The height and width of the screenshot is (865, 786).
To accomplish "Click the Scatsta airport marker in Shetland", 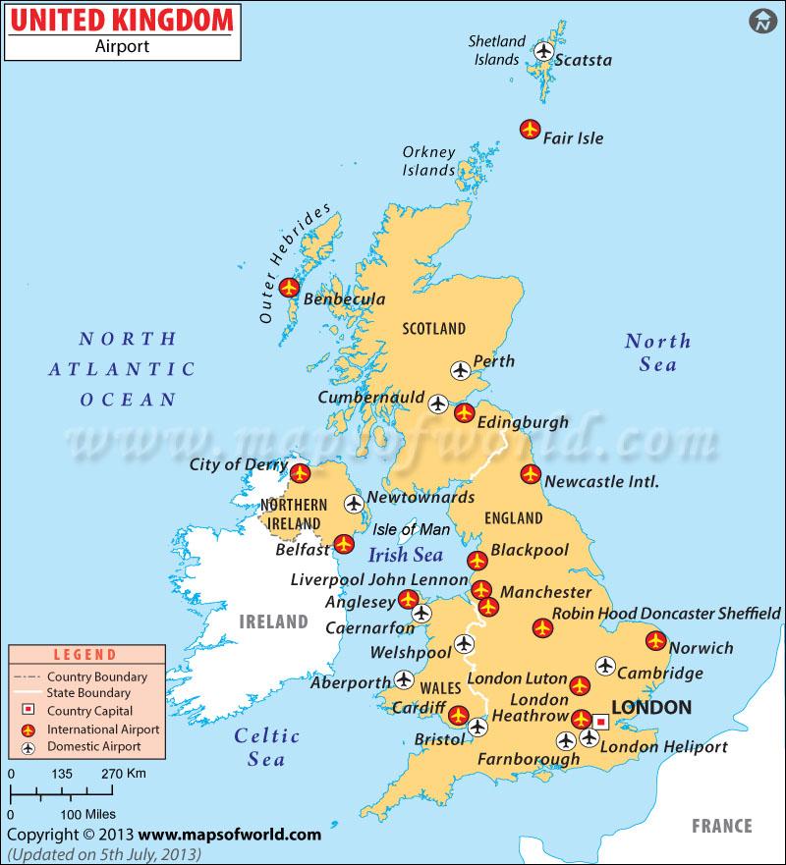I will click(x=542, y=50).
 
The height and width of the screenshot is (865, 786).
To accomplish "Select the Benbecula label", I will click(x=344, y=299).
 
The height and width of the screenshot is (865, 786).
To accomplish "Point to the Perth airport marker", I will click(x=461, y=370).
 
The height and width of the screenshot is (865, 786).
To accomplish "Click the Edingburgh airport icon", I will click(x=464, y=413).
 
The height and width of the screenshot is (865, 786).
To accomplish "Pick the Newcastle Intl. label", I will click(x=600, y=481).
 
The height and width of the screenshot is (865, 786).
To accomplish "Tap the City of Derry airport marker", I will click(x=301, y=473).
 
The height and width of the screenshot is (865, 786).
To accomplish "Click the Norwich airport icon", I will click(x=656, y=641).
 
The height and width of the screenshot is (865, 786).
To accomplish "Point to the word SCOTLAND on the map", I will click(x=433, y=328).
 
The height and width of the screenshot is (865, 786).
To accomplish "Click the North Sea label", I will click(x=657, y=351).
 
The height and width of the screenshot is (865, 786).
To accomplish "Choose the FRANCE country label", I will click(x=720, y=826).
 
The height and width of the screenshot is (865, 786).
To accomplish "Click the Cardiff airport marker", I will click(x=458, y=714).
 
